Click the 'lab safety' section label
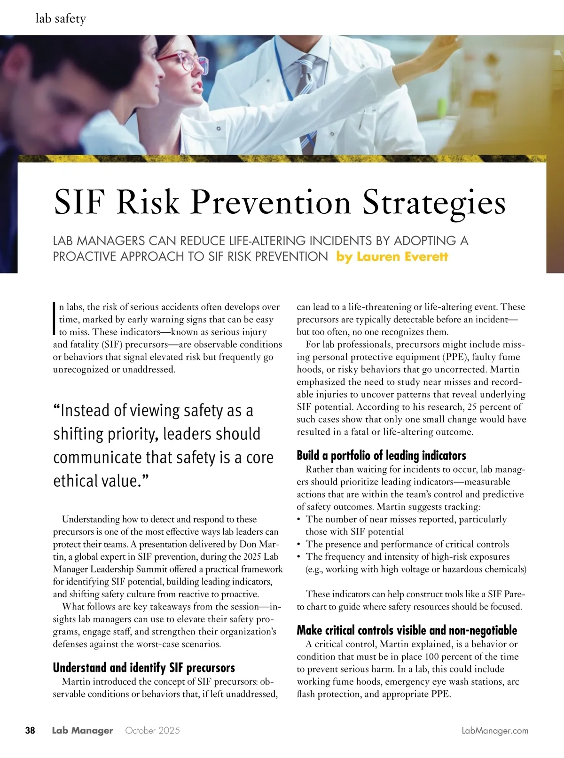tap(61, 19)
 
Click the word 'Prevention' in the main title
tap(271, 203)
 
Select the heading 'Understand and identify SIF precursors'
tap(144, 668)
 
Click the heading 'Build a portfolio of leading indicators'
tap(381, 455)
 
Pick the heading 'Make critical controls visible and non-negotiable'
tap(407, 630)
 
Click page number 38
tap(30, 730)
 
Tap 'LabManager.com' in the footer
tap(495, 731)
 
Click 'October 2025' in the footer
tap(152, 731)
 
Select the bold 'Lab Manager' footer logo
tap(82, 731)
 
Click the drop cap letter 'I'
tap(55, 318)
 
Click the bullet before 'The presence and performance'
tap(299, 544)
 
